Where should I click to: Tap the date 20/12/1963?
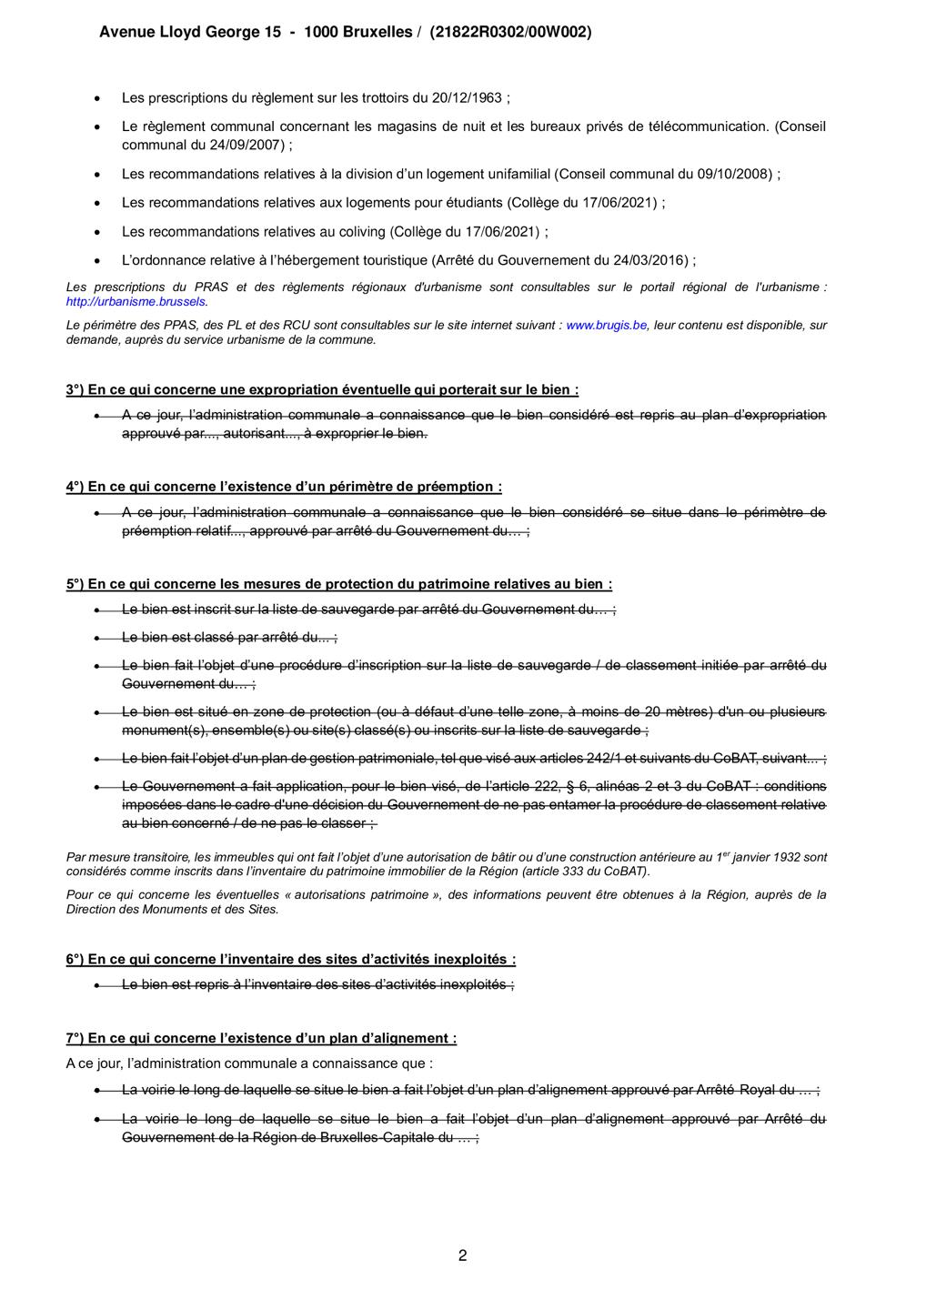[474, 98]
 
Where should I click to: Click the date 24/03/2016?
[652, 260]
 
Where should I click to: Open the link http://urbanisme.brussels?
[136, 301]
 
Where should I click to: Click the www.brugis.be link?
[606, 325]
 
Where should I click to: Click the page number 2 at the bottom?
[463, 1256]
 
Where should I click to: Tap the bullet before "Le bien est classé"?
[97, 638]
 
